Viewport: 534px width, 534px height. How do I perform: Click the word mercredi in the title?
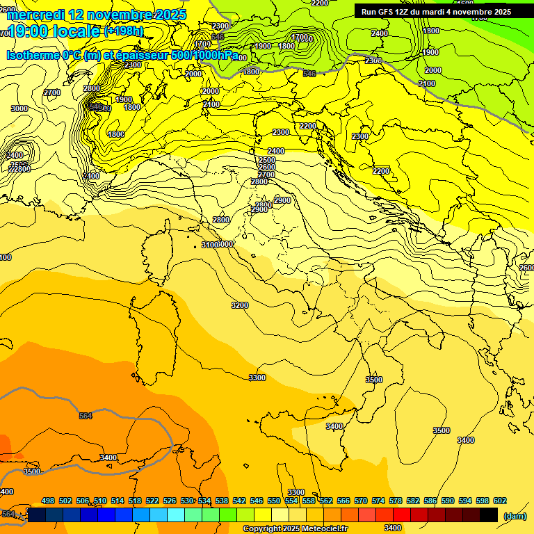pos(35,15)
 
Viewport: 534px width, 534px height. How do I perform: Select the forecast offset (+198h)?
pos(124,31)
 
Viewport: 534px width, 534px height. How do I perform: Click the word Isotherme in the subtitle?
pos(33,55)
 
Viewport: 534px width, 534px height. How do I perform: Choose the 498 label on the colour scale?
pos(48,501)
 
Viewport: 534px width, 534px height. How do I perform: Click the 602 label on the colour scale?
pos(500,501)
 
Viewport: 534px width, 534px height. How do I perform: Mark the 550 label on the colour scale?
pos(274,501)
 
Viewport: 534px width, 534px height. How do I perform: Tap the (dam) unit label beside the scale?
pos(515,516)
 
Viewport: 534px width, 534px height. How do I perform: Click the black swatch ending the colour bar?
pos(489,515)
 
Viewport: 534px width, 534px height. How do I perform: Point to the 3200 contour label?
pos(240,305)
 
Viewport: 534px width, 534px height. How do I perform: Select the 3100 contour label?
pos(209,245)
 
